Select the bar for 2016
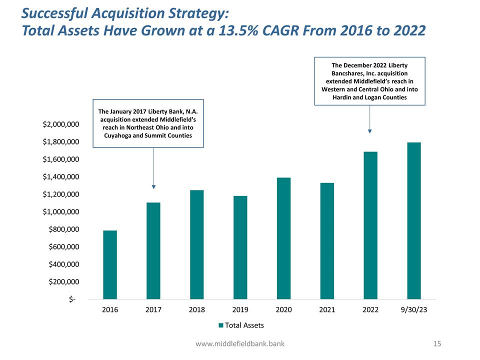click(110, 264)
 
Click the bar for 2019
click(240, 247)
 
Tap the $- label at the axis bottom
click(73, 299)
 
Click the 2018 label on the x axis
click(196, 310)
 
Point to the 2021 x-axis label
click(327, 310)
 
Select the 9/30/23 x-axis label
click(414, 310)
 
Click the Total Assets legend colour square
click(221, 325)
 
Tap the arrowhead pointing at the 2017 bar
click(153, 186)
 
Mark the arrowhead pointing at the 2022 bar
click(369, 131)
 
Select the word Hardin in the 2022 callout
click(343, 97)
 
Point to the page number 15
click(438, 344)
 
